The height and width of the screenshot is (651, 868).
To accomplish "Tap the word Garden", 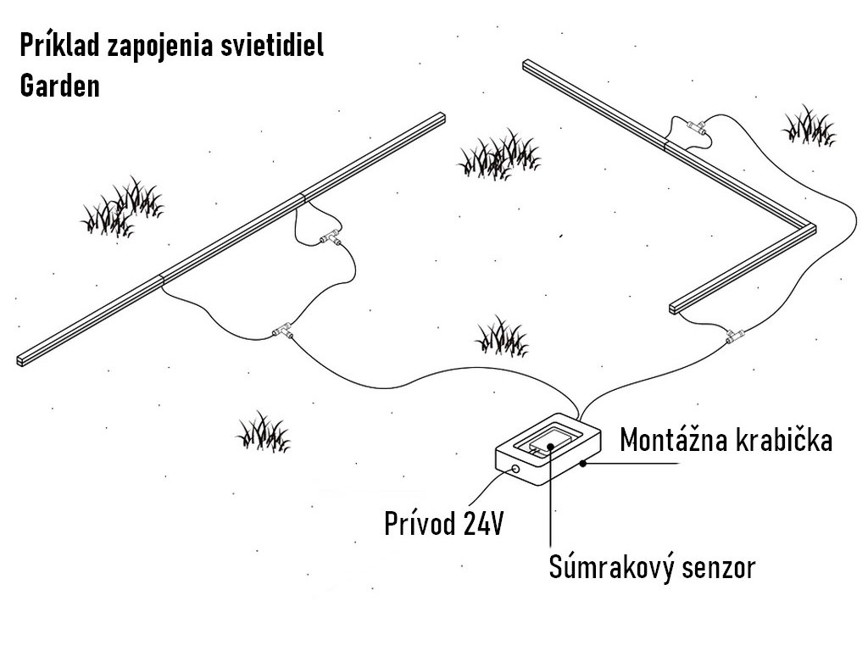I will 59,86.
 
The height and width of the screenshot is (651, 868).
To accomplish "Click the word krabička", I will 780,441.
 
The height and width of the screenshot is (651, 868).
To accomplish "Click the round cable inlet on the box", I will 513,468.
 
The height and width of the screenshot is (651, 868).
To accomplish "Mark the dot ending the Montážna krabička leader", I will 584,464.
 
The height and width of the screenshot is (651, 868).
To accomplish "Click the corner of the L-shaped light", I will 810,228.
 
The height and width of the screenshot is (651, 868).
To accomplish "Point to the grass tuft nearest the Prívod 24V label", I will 263,431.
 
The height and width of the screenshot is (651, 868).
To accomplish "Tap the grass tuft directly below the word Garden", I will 123,208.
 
